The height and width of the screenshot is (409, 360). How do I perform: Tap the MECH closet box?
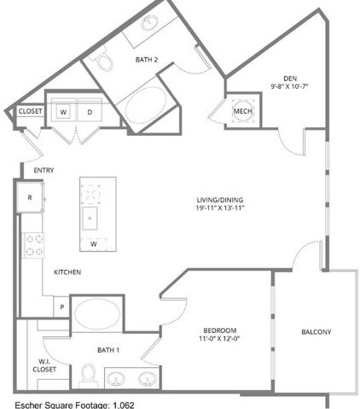[x=241, y=112]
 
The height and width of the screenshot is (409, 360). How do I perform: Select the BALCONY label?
[x=316, y=331]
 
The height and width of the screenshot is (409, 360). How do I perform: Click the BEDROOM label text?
[x=219, y=330]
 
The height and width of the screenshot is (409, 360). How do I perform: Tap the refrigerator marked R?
[x=31, y=197]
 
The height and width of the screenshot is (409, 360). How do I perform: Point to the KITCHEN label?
[x=67, y=272]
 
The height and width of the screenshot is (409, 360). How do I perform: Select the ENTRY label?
[x=44, y=171]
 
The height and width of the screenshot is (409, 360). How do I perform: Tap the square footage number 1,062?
[x=123, y=404]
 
